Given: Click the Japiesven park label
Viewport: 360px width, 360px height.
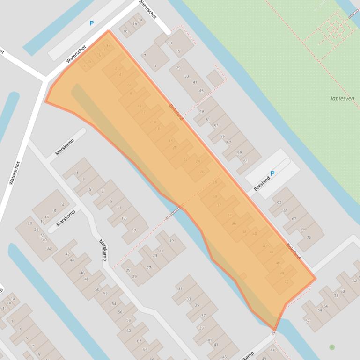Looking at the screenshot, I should coord(342,98).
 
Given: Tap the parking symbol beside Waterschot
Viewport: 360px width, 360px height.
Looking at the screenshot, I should coord(92,23).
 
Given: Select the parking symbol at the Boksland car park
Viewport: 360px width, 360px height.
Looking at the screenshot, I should coord(272,173).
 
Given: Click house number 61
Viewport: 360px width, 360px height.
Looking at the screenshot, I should coord(245,161).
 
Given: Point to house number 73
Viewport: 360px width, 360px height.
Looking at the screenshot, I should coord(309,238).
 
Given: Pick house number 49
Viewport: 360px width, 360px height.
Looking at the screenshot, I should coord(202,112).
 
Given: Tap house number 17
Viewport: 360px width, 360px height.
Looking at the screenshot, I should coord(134,230).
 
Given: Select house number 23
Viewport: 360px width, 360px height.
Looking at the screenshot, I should coord(154,256).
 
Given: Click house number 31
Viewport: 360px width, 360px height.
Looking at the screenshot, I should coord(180,288).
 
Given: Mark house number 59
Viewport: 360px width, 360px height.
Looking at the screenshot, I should coord(239,153).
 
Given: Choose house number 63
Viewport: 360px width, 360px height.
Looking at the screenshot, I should coord(279,202).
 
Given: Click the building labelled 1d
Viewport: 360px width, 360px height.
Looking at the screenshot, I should coord(125,31).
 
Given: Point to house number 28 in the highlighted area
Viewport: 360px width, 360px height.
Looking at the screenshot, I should coord(215,182).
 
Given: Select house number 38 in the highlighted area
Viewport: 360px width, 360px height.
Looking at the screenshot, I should coord(244,232).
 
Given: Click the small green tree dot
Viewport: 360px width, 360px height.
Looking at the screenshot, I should coord(332,347).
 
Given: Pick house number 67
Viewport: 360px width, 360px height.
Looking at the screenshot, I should coord(294,219).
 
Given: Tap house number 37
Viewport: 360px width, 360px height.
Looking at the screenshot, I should coord(203,316).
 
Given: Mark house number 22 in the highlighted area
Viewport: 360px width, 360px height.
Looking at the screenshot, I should coord(185,159).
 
